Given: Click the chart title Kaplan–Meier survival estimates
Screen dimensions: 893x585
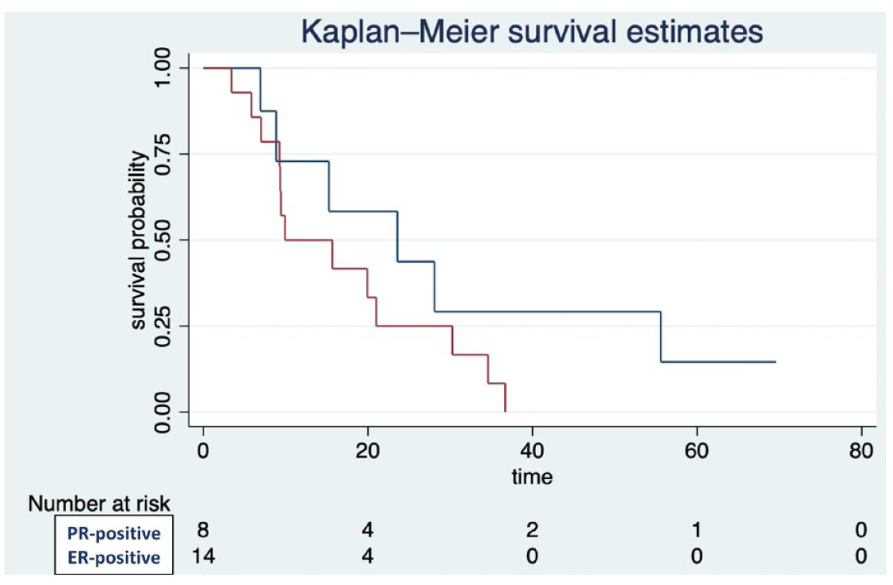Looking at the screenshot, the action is pyautogui.click(x=532, y=31).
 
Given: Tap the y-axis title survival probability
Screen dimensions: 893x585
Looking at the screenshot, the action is pyautogui.click(x=139, y=240).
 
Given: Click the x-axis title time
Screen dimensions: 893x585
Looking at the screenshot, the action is pyautogui.click(x=532, y=476).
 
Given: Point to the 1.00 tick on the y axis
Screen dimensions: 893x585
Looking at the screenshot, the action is pyautogui.click(x=163, y=68).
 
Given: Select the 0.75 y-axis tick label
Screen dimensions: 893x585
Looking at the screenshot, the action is pyautogui.click(x=163, y=154).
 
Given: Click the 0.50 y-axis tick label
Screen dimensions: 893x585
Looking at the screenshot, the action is pyautogui.click(x=163, y=240).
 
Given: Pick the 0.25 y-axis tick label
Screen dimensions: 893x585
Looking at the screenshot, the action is pyautogui.click(x=163, y=326).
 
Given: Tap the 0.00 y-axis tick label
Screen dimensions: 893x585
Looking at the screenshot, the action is pyautogui.click(x=163, y=412).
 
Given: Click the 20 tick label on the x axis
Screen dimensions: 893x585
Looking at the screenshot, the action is pyautogui.click(x=368, y=451).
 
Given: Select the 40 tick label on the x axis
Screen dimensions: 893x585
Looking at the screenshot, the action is pyautogui.click(x=532, y=451).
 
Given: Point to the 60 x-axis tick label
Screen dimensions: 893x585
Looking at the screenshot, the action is pyautogui.click(x=697, y=451).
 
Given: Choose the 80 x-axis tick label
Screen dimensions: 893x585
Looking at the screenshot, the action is pyautogui.click(x=860, y=451).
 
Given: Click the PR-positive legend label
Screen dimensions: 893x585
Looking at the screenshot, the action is pyautogui.click(x=114, y=533).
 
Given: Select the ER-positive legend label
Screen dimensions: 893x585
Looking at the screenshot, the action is pyautogui.click(x=114, y=557).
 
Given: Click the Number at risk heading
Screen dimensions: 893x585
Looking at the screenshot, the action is pyautogui.click(x=99, y=504).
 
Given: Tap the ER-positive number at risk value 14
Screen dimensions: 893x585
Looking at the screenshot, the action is pyautogui.click(x=203, y=555).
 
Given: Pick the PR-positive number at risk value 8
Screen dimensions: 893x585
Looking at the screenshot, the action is pyautogui.click(x=203, y=530).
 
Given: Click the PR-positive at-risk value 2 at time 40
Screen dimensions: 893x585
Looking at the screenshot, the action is pyautogui.click(x=532, y=530).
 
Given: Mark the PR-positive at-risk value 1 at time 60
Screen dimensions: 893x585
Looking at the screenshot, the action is pyautogui.click(x=697, y=530).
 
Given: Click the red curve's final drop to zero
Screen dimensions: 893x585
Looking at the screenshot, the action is pyautogui.click(x=506, y=397).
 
